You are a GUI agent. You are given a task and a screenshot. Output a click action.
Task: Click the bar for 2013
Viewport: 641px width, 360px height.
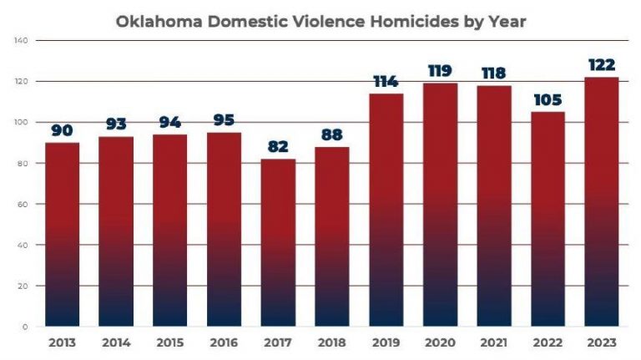[62, 234]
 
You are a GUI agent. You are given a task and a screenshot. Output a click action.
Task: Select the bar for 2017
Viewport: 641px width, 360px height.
[278, 242]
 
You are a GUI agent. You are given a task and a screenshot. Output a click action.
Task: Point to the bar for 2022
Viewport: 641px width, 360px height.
[548, 219]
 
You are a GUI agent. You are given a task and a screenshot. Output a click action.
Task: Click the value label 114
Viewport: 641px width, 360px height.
[386, 82]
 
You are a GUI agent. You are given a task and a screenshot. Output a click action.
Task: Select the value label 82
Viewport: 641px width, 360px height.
[278, 147]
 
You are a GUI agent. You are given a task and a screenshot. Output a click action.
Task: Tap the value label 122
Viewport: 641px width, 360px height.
[602, 65]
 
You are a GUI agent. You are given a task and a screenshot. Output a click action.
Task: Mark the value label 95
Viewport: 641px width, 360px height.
[224, 120]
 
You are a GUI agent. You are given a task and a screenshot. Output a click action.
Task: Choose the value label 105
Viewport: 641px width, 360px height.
[548, 100]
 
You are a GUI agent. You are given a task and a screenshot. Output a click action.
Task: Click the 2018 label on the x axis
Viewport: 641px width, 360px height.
[332, 343]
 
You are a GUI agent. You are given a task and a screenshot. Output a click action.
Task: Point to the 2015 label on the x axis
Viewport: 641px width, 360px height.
[169, 343]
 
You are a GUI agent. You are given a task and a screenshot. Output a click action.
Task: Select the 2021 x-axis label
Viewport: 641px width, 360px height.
[494, 343]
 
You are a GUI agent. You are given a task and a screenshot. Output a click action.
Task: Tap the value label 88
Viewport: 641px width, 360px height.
[332, 134]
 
